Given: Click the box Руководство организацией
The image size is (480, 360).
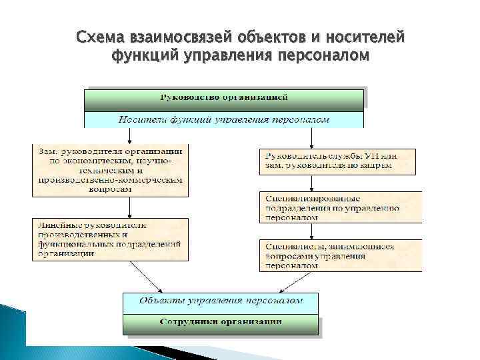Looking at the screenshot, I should coord(224,99).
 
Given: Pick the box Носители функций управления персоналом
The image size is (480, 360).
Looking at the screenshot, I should coord(224,120).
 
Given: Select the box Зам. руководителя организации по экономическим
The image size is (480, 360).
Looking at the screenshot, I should coord(110,170).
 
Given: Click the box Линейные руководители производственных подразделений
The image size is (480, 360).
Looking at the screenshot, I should coord(110,238).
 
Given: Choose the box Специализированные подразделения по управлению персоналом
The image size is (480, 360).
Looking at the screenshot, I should coord(341,207).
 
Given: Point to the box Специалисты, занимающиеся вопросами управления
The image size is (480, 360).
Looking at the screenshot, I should coord(341,255).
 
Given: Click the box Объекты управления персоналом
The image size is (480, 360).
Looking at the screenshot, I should coord(221,301).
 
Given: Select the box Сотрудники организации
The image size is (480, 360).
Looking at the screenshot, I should coord(221,323).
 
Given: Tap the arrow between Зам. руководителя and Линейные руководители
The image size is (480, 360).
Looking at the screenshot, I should coord(110,207).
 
